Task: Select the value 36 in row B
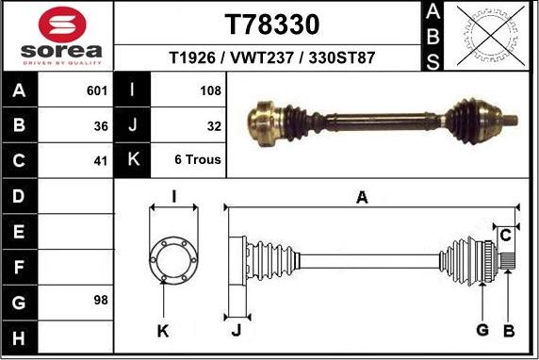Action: click(101, 125)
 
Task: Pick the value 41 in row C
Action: click(101, 160)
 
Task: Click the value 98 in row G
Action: click(101, 301)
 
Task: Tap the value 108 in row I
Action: click(211, 91)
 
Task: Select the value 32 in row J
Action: click(213, 125)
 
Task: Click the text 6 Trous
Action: click(198, 160)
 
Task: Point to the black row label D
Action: click(20, 196)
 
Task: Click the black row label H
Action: click(20, 336)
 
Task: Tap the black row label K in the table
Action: click(133, 160)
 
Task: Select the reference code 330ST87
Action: click(343, 57)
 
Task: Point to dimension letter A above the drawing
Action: click(361, 196)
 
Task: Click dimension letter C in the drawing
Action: click(505, 234)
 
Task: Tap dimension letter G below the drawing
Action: click(482, 329)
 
